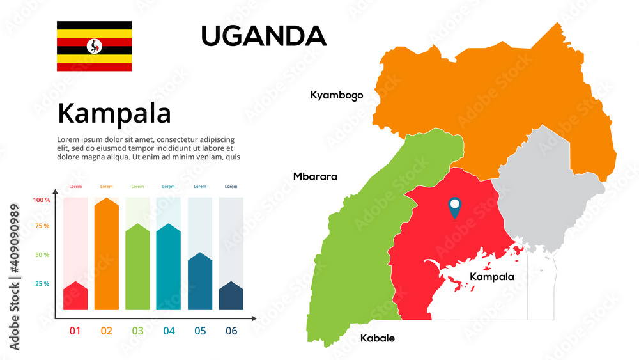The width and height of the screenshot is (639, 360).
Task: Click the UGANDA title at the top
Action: click(x=263, y=36)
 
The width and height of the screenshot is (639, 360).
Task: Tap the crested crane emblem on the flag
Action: click(x=95, y=46)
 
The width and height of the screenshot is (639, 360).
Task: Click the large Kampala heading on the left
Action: click(x=114, y=114)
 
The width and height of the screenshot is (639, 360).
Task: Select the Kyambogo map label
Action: click(x=337, y=95)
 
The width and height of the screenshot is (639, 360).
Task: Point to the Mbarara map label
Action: click(x=315, y=176)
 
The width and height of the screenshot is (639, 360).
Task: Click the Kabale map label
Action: click(x=377, y=338)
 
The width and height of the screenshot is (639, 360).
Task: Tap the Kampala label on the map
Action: click(x=491, y=277)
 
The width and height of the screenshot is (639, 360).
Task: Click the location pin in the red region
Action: click(x=454, y=207)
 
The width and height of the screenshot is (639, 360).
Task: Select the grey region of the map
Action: click(x=543, y=192)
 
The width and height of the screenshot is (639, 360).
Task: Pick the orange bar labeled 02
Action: click(x=107, y=256)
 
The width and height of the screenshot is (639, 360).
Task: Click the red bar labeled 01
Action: click(x=75, y=297)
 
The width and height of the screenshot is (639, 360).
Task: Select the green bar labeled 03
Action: click(x=137, y=269)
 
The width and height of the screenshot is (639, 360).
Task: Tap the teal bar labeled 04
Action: click(x=169, y=269)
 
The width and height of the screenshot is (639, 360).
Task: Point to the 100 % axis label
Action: click(x=42, y=200)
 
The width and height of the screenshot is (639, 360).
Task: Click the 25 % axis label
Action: click(x=42, y=284)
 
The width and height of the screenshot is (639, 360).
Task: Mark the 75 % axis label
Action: click(x=42, y=226)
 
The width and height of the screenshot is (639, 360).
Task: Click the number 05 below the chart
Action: click(x=200, y=331)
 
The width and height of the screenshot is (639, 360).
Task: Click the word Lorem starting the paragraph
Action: click(x=69, y=139)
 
